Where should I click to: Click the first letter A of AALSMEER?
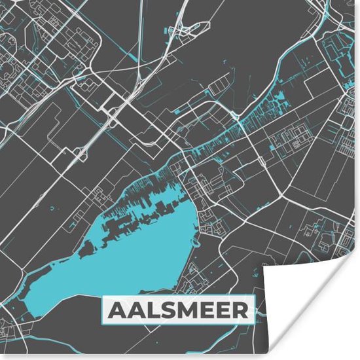(x=115, y=311)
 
